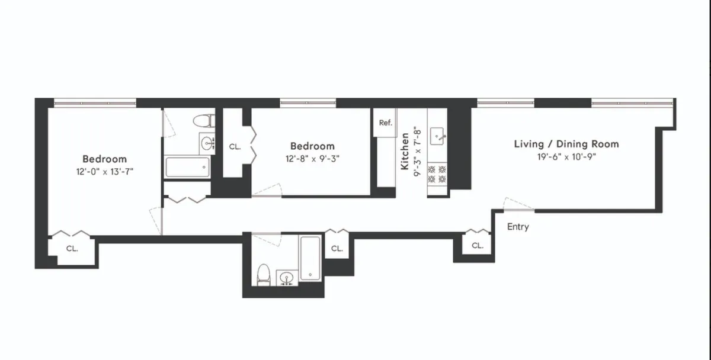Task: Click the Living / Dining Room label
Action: tap(566, 144)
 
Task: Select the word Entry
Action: tap(518, 227)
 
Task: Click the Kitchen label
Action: tap(405, 151)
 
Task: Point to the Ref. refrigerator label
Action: tap(386, 123)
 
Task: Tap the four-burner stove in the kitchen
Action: tap(437, 173)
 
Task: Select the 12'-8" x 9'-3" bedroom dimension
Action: tap(312, 159)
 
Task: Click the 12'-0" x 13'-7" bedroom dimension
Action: tap(104, 172)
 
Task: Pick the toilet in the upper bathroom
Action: tap(203, 121)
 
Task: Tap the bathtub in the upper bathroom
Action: tap(187, 167)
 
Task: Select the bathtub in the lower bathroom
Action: tap(310, 258)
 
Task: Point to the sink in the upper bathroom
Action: tap(208, 143)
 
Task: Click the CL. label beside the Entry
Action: tap(478, 245)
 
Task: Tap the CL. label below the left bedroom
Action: tap(72, 248)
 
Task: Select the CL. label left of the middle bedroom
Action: tap(235, 146)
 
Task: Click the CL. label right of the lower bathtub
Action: tap(337, 249)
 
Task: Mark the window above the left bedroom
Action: tap(95, 103)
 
